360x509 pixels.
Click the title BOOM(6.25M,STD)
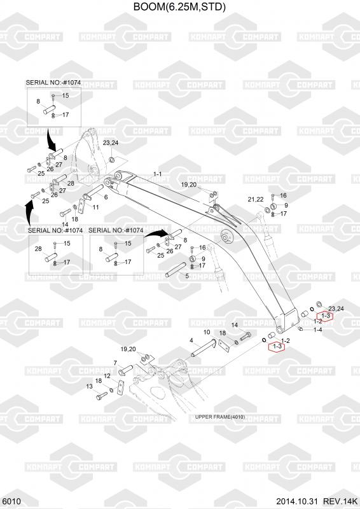point(179,6)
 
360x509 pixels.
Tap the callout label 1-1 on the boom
point(158,174)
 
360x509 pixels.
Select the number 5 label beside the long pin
point(187,276)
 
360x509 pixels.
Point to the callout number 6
point(106,197)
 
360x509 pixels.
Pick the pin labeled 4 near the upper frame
point(204,347)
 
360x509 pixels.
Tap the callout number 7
point(115,363)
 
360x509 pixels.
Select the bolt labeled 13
point(102,396)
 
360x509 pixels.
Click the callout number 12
point(107,375)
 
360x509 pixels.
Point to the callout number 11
point(96,207)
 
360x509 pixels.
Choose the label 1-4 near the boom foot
point(318,330)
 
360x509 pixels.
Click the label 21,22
point(256,199)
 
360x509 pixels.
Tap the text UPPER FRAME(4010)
point(220,417)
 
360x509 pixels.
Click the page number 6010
point(10,501)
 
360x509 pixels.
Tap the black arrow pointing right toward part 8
point(156,233)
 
